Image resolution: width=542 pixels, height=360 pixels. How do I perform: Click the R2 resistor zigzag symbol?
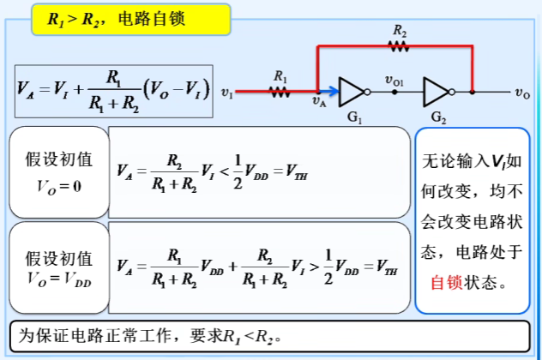400,46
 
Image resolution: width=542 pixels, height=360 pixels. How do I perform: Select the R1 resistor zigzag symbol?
280,90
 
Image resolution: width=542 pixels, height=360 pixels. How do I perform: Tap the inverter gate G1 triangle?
352,90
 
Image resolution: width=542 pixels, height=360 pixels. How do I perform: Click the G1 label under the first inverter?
352,116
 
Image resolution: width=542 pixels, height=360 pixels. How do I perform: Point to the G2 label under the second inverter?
438,116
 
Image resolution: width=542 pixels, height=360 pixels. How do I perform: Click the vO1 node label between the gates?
395,81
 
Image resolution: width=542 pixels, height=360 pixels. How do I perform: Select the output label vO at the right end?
522,91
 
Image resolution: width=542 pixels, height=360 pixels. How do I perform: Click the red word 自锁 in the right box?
446,282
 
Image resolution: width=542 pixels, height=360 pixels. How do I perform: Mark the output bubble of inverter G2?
471,90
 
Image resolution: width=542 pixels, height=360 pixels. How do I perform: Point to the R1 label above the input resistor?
280,75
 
